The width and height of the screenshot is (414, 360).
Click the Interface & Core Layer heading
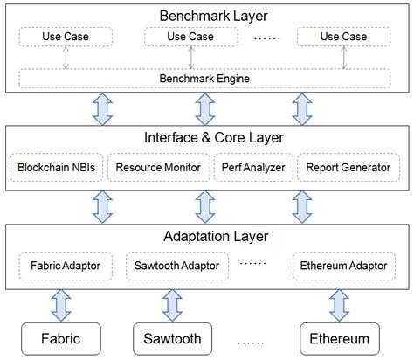coord(207,137)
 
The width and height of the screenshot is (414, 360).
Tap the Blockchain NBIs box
coord(56,166)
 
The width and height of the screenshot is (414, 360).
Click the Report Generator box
coord(344,166)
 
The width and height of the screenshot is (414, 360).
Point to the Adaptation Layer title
coord(207,236)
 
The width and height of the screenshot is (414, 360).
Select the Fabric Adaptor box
coord(66,263)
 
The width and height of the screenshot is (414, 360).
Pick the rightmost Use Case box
coord(343,37)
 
